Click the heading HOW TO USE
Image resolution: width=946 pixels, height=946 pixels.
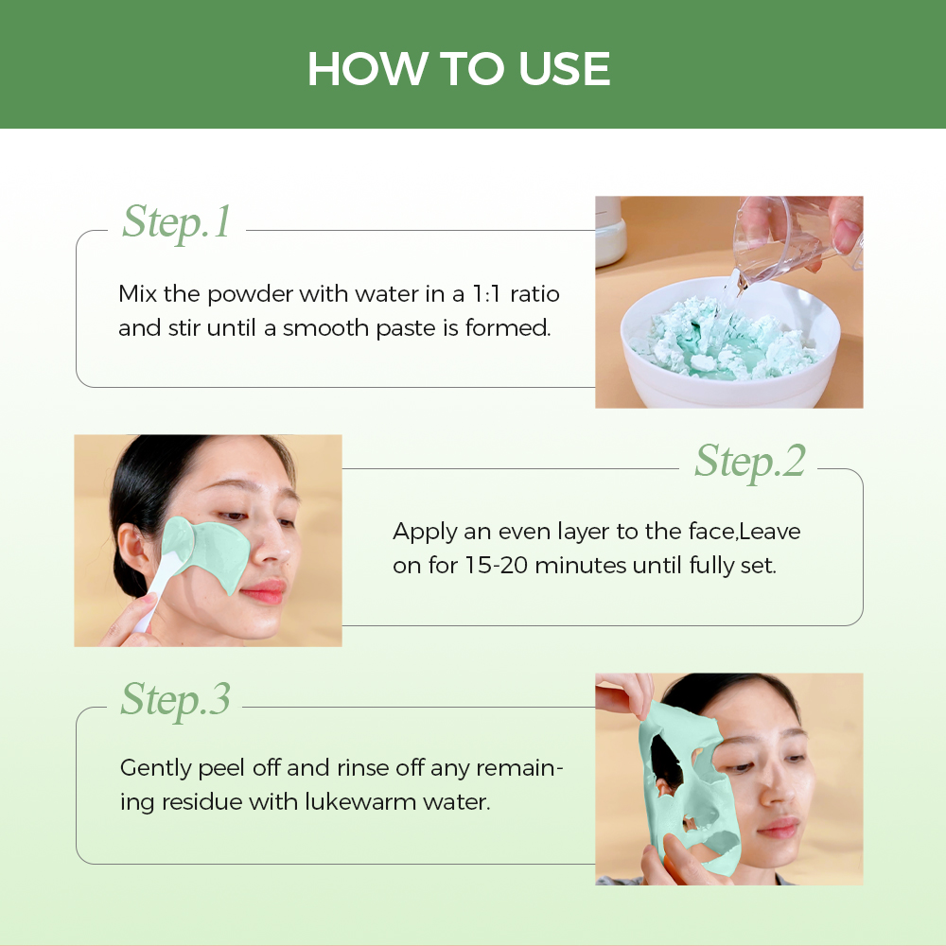(459, 68)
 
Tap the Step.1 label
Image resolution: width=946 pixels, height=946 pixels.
(176, 222)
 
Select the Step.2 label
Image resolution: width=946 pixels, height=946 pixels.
(750, 462)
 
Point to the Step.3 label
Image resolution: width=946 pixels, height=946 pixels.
(176, 700)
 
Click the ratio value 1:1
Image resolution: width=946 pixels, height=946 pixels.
(486, 294)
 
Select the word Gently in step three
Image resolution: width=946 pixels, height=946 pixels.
(156, 768)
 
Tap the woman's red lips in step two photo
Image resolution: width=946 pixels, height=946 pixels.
(266, 590)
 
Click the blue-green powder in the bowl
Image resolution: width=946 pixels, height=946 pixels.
(730, 347)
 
